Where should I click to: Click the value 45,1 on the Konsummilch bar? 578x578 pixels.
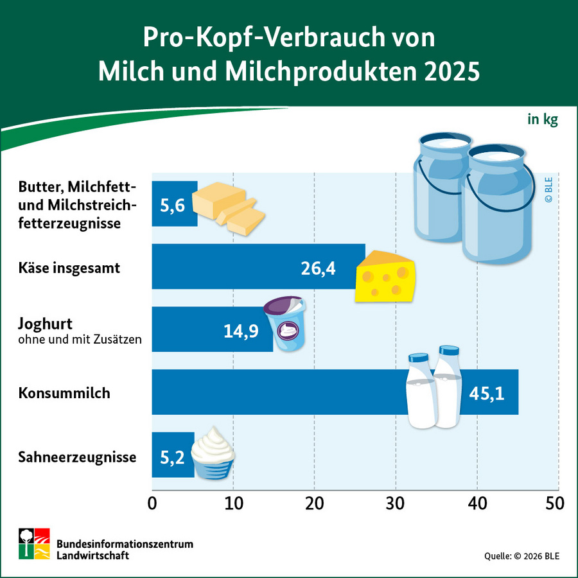pos(486,392)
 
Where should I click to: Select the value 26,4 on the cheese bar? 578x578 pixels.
pos(319,267)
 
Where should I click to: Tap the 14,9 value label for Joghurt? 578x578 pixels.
pos(241,330)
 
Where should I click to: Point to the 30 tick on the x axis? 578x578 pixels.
pos(395,503)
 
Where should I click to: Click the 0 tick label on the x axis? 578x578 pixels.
pos(152,503)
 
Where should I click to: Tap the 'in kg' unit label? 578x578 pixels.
pos(543,119)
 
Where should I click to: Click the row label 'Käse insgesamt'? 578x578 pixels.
pos(69,268)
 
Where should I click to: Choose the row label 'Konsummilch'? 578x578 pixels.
pos(64,393)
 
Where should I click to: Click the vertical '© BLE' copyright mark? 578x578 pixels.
pos(548,190)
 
